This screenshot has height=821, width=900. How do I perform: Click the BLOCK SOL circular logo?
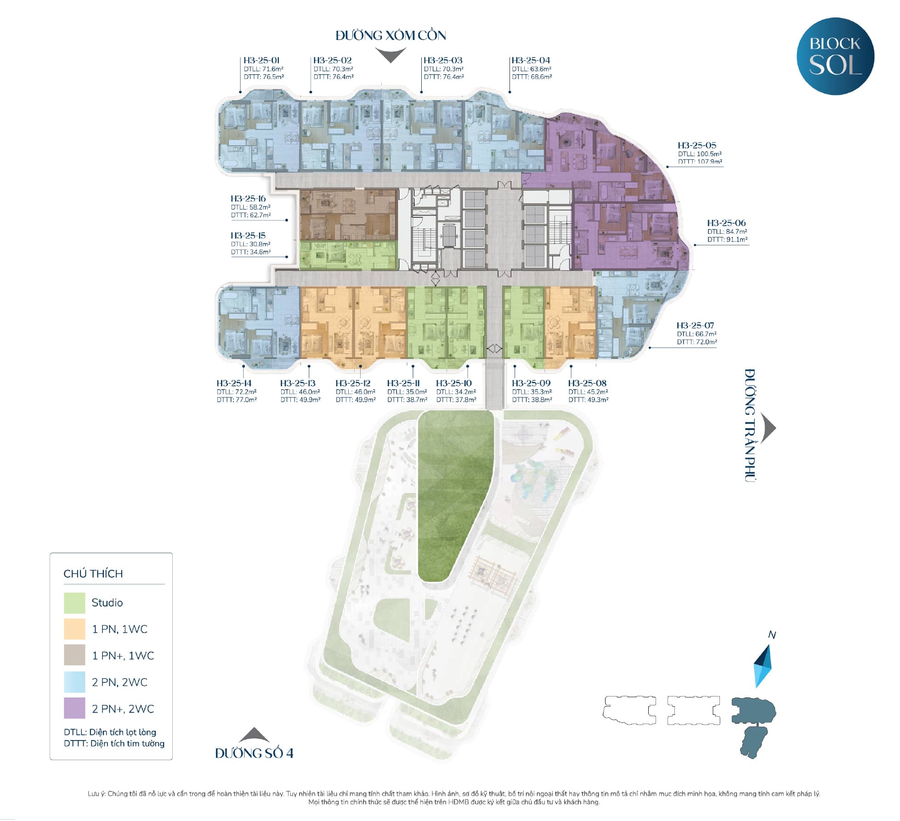pos(835,56)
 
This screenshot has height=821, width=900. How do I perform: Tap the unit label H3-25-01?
pos(261,60)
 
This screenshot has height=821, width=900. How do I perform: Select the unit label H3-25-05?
pos(696,145)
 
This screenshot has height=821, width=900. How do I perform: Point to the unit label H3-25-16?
pos(248,198)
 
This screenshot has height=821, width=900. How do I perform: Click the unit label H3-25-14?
pos(234,383)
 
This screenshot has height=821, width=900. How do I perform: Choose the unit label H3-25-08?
pos(587,383)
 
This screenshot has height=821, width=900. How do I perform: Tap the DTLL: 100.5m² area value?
pos(700,154)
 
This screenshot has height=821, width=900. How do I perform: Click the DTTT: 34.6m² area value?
pos(251,252)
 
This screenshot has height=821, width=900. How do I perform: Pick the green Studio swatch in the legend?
pos(74,603)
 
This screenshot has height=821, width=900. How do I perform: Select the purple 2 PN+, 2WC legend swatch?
pos(74,708)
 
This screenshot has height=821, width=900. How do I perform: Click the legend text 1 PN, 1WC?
pos(119,629)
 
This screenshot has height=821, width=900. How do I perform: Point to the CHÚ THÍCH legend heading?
pos(93,573)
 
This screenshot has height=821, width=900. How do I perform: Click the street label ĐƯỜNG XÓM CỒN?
pos(391,35)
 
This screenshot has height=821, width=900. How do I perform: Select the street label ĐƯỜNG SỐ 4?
pos(254,753)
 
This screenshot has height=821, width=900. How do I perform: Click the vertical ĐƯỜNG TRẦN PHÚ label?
pos(750,425)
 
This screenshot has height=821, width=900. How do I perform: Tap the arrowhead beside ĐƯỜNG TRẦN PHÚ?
pos(768,428)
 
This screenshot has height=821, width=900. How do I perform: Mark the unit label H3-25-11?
pos(403,383)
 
